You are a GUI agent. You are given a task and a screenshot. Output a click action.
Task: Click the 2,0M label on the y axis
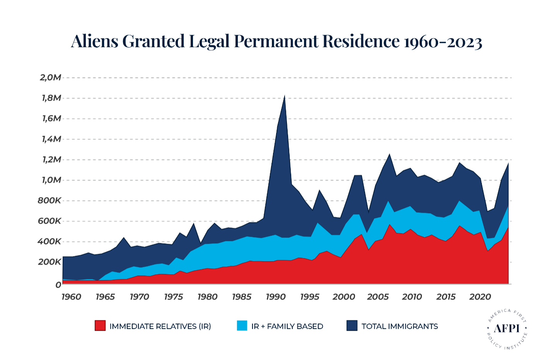(x=50, y=77)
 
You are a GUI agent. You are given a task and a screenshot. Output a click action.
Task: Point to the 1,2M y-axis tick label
(x=51, y=159)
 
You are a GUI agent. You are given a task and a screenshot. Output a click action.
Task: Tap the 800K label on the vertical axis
(x=49, y=200)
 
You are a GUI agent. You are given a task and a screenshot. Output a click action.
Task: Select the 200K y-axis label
(x=49, y=262)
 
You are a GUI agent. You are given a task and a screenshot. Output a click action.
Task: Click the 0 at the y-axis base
(x=58, y=285)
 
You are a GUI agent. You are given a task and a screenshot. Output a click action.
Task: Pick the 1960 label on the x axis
(x=71, y=297)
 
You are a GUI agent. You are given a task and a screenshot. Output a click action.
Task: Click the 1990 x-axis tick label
(x=276, y=297)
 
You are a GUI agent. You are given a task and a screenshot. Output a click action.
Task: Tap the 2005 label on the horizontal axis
(x=378, y=297)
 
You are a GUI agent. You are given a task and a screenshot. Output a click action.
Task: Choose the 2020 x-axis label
(x=480, y=297)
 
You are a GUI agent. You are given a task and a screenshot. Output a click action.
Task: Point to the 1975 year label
(x=173, y=297)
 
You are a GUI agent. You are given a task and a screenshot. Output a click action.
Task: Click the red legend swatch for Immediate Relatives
(x=100, y=326)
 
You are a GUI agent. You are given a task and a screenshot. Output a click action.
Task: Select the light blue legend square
(x=242, y=326)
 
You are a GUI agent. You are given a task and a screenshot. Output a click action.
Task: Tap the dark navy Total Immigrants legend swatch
(x=352, y=326)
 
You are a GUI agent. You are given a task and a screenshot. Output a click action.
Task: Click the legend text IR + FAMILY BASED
(x=287, y=326)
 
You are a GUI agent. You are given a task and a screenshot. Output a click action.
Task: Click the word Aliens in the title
(x=95, y=41)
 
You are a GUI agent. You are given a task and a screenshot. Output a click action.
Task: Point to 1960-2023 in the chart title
(x=443, y=42)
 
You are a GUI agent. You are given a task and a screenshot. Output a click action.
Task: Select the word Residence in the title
(x=361, y=41)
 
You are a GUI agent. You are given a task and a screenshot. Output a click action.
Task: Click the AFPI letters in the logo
(x=507, y=328)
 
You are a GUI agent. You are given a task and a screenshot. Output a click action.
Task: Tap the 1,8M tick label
(x=51, y=98)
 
